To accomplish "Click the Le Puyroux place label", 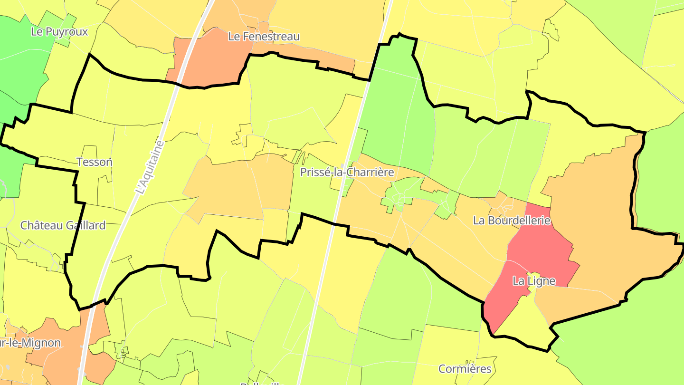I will pyautogui.click(x=59, y=32).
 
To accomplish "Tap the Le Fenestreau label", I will pyautogui.click(x=264, y=37).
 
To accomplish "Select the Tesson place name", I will pyautogui.click(x=95, y=162).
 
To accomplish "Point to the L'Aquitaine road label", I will pyautogui.click(x=149, y=167).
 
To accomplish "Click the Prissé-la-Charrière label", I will pyautogui.click(x=347, y=172).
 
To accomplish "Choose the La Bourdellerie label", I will pyautogui.click(x=512, y=221).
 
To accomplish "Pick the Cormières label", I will pyautogui.click(x=465, y=369).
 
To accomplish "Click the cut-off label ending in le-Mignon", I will pyautogui.click(x=30, y=343).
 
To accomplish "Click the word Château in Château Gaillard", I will pyautogui.click(x=40, y=225).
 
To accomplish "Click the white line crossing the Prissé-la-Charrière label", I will pyautogui.click(x=343, y=172).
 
